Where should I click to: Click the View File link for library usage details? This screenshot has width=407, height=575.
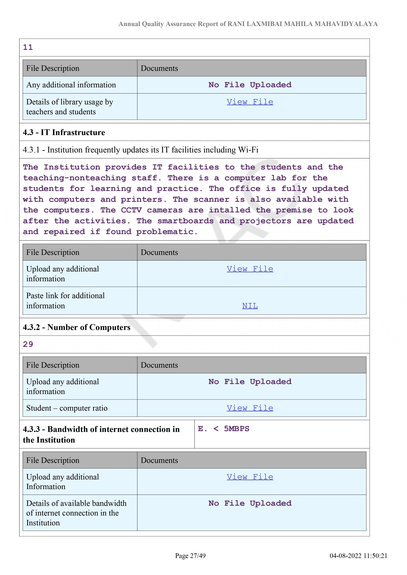tap(250, 102)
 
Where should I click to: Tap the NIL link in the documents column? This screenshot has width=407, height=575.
tap(250, 306)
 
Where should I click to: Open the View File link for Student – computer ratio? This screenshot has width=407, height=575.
tap(250, 408)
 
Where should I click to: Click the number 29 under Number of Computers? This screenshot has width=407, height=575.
tap(28, 344)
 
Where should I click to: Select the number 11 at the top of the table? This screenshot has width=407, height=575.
tap(28, 47)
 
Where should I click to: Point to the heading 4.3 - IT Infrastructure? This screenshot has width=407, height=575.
tap(64, 132)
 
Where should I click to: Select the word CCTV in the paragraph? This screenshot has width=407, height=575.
tap(131, 210)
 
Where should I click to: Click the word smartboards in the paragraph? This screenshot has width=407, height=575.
tap(186, 221)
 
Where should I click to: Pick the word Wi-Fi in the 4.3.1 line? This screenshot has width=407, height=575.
tap(248, 150)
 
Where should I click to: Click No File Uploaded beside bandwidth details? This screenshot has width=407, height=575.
tap(250, 503)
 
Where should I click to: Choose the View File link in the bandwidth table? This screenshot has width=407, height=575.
tap(250, 477)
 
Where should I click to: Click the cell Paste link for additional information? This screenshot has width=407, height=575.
tap(65, 300)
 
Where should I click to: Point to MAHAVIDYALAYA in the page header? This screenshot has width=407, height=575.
tap(346, 24)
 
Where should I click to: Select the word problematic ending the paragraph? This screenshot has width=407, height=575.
tap(165, 232)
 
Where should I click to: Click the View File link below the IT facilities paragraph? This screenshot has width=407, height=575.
tap(250, 269)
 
